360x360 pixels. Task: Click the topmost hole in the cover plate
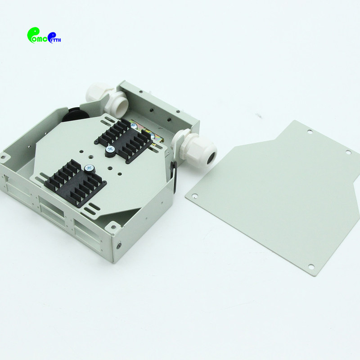[310, 132]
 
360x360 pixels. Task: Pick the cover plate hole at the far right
[348, 153]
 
